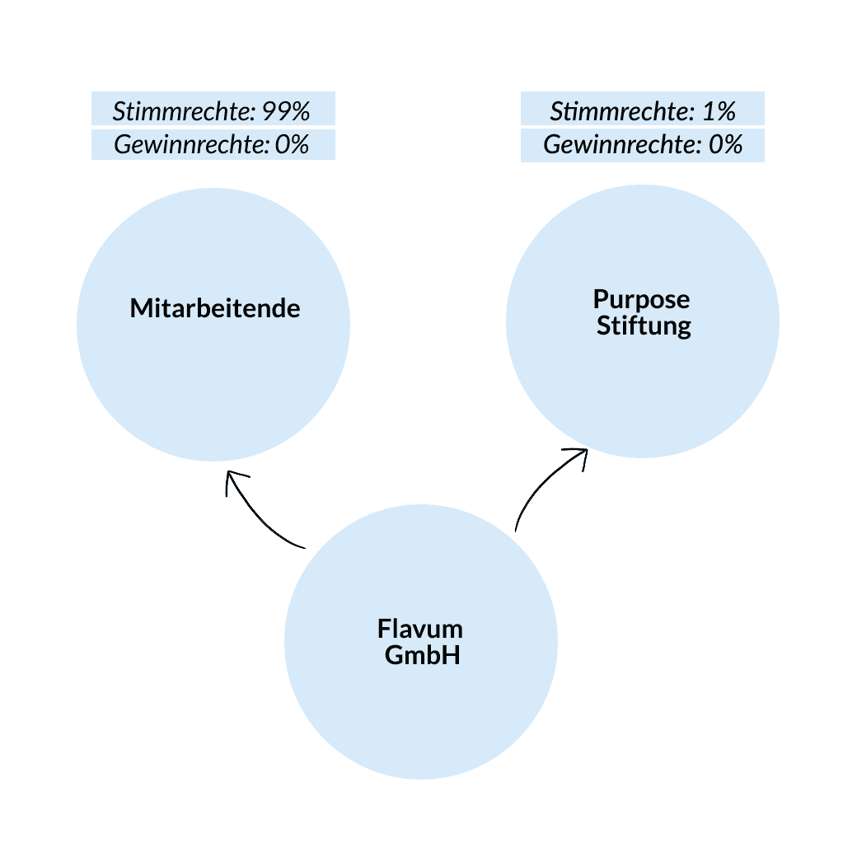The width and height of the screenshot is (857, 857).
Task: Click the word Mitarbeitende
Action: pos(215,309)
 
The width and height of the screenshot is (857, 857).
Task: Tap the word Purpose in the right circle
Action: pos(642,298)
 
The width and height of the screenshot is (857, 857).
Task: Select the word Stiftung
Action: pos(644,326)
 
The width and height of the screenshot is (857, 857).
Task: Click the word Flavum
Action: pos(420,630)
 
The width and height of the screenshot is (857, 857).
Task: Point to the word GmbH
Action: pos(422,658)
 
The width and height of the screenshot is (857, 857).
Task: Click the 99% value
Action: pos(285,110)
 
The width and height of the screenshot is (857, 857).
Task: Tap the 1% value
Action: pos(719,110)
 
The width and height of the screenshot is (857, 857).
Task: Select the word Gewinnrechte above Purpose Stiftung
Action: pos(621,145)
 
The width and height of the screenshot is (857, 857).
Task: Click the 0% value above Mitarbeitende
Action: pos(292,145)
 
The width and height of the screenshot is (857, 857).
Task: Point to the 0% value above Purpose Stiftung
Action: pos(726,145)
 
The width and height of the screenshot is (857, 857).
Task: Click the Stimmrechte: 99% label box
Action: pos(213,108)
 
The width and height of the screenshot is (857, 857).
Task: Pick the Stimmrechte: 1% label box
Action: pos(643,108)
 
